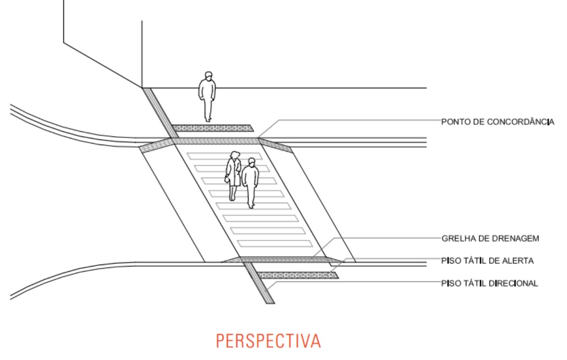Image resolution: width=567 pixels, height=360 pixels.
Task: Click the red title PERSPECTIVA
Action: pyautogui.click(x=268, y=341)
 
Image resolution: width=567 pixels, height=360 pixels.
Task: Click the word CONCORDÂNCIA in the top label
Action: pyautogui.click(x=520, y=121)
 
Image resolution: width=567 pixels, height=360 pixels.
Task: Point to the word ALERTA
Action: pyautogui.click(x=518, y=261)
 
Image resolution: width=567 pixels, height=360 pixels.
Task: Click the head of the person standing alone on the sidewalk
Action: pyautogui.click(x=208, y=76)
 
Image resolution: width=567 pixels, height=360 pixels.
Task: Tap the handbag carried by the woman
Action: pyautogui.click(x=227, y=179)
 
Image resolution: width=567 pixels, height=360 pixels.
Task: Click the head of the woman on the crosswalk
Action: pyautogui.click(x=235, y=154)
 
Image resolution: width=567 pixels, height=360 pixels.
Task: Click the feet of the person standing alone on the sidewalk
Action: pyautogui.click(x=208, y=120)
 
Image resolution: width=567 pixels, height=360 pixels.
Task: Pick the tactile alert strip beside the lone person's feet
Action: pyautogui.click(x=213, y=128)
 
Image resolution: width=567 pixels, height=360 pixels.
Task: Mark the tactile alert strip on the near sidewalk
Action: pyautogui.click(x=298, y=275)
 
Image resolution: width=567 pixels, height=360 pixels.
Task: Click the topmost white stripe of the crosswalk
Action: pyautogui.click(x=225, y=156)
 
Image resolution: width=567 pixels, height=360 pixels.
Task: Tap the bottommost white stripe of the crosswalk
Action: pyautogui.click(x=275, y=244)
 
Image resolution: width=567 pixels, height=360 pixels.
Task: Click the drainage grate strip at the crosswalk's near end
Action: pyautogui.click(x=283, y=259)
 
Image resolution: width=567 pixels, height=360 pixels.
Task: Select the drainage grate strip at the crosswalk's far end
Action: pyautogui.click(x=216, y=141)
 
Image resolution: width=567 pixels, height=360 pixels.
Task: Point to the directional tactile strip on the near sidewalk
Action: pyautogui.click(x=259, y=283)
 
